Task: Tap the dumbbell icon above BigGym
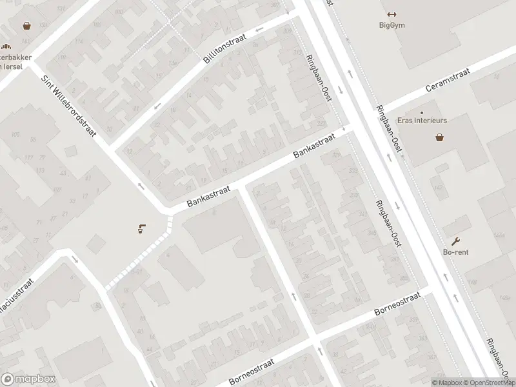(x=391, y=15)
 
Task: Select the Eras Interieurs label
(x=440, y=120)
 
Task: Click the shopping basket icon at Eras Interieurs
(x=439, y=137)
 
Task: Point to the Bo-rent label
(x=455, y=252)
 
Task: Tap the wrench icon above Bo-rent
(x=455, y=241)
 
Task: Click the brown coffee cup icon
(x=141, y=228)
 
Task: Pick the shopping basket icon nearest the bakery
(x=27, y=26)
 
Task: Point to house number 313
(x=297, y=53)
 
